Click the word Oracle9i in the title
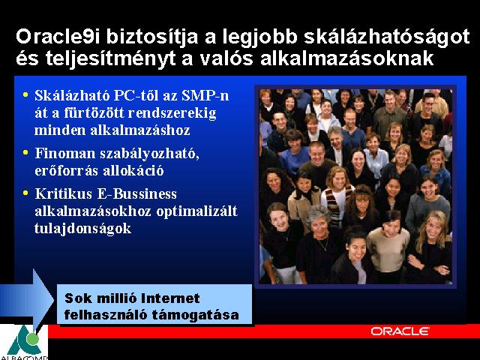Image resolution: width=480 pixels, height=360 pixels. (58, 37)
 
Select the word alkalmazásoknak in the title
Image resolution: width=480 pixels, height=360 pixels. (347, 58)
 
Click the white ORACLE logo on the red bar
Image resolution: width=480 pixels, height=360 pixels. (400, 331)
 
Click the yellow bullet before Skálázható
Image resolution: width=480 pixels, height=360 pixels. (25, 94)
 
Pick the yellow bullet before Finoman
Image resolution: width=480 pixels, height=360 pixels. (25, 152)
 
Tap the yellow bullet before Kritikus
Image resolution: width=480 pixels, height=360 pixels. (25, 193)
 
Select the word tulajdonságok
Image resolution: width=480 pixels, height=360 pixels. (83, 228)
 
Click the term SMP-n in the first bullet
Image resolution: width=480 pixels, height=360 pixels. (205, 95)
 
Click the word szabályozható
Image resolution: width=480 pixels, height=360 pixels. (150, 154)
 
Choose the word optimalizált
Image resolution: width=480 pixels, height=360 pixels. (196, 211)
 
